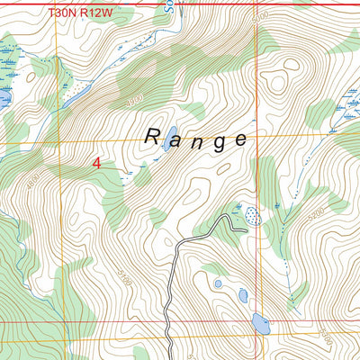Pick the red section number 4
pyautogui.click(x=97, y=163)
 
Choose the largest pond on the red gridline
pyautogui.click(x=260, y=323)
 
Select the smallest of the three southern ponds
pyautogui.click(x=218, y=283)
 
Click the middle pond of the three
pyautogui.click(x=242, y=294)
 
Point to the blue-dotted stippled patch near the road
pyautogui.click(x=252, y=216)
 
